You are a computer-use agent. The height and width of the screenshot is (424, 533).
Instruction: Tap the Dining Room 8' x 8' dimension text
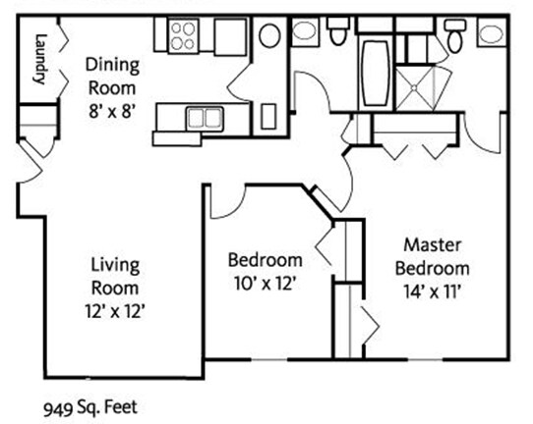point(112,111)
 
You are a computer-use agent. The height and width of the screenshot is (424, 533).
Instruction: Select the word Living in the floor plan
point(115,266)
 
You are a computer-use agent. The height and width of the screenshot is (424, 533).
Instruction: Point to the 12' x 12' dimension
point(115,311)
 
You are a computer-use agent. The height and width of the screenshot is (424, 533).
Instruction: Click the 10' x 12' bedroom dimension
point(264,284)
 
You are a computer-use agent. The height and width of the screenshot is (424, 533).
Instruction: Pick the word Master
point(433,245)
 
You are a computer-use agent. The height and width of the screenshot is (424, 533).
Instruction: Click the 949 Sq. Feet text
point(90,407)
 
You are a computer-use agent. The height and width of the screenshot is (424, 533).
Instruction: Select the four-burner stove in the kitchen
point(183,36)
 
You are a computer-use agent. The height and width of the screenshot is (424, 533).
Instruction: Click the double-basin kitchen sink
point(205,119)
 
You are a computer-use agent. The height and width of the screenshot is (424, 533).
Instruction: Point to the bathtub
point(375,73)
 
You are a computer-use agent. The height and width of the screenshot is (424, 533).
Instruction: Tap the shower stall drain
point(414,88)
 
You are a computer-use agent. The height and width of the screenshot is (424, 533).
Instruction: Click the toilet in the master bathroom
point(454,35)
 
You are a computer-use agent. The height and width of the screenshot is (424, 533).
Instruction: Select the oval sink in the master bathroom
point(491,34)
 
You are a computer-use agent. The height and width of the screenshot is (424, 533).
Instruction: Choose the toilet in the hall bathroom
point(337,31)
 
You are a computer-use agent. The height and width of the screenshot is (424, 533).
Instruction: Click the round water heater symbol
point(269,35)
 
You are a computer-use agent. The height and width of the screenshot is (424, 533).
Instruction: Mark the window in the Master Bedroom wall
point(425,359)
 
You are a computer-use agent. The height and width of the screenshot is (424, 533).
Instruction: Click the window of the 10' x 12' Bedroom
point(269,359)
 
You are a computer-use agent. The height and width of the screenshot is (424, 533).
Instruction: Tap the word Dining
point(112,65)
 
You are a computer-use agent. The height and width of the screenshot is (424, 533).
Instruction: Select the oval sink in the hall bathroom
point(304,30)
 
